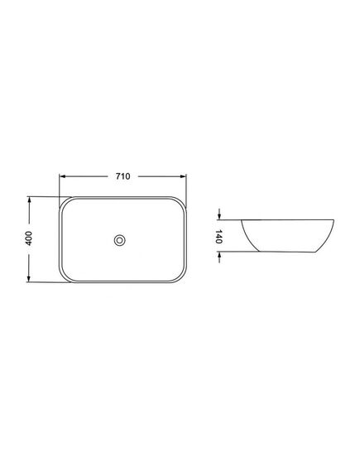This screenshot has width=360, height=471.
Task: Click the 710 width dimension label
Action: (x=123, y=176)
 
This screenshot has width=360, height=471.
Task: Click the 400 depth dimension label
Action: (x=28, y=238)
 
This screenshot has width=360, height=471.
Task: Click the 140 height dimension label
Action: (x=218, y=237)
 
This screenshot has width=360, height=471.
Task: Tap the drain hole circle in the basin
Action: (x=119, y=240)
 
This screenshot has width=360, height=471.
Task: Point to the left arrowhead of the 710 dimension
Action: (x=62, y=176)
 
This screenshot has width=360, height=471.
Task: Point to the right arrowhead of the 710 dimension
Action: (x=183, y=176)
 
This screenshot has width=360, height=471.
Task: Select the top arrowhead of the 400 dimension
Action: (x=29, y=200)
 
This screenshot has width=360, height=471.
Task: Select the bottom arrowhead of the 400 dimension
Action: (x=29, y=278)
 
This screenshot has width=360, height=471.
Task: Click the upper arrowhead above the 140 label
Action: (x=219, y=216)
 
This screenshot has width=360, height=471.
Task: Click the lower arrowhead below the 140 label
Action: (x=219, y=255)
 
